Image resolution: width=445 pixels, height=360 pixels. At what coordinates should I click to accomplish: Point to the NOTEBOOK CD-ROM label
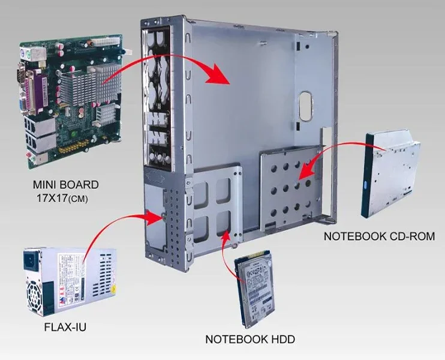(379, 236)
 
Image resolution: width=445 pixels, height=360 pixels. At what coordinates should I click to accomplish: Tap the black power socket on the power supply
(30, 262)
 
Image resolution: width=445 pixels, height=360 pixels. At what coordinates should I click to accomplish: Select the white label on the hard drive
(257, 282)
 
